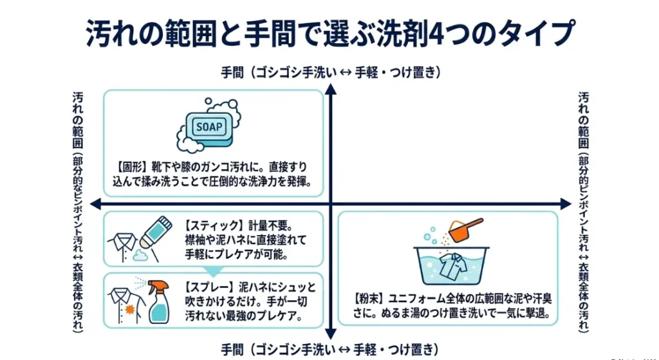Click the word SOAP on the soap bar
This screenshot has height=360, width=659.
pos(209,127)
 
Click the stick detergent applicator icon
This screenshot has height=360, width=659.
pos(156,232)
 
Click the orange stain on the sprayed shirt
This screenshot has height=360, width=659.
pos(129,310)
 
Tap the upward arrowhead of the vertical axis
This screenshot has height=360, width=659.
pos(331,89)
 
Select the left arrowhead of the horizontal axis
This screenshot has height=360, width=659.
pos(96,204)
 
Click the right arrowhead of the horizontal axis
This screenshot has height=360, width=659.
pos(566,204)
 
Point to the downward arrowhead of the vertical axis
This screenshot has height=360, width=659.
pos(331,334)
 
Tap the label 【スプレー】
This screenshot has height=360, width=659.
pos(209,287)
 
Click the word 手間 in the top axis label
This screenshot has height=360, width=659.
pos(232,73)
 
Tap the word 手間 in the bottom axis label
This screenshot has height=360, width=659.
pos(232,350)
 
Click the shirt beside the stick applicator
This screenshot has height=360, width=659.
pos(123,247)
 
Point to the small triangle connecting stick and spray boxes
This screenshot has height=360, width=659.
pos(213,271)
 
